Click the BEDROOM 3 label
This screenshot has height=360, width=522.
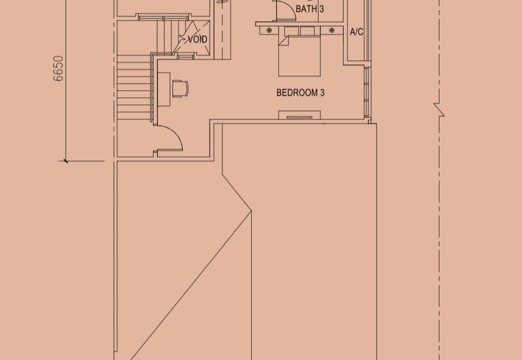tap(300, 93)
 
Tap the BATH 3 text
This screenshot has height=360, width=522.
tap(309, 8)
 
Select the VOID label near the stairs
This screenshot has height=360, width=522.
tap(198, 40)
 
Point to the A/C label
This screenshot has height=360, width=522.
tap(356, 32)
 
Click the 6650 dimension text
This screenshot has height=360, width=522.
tap(58, 68)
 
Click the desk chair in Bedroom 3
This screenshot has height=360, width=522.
tap(181, 89)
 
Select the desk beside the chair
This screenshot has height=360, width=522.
tap(164, 89)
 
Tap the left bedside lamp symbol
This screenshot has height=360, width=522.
tap(269, 30)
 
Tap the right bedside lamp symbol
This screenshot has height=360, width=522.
tap(331, 30)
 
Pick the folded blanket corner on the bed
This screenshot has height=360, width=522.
tap(284, 40)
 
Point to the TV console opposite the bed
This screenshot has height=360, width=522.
tap(299, 115)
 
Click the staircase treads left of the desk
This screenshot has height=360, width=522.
tap(134, 87)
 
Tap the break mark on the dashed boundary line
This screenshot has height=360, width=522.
tap(439, 110)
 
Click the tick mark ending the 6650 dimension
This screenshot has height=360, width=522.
tap(66, 161)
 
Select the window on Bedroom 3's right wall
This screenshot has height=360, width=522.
tap(367, 92)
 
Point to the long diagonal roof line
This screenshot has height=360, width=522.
tap(191, 286)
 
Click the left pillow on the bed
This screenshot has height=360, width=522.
tap(291, 31)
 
